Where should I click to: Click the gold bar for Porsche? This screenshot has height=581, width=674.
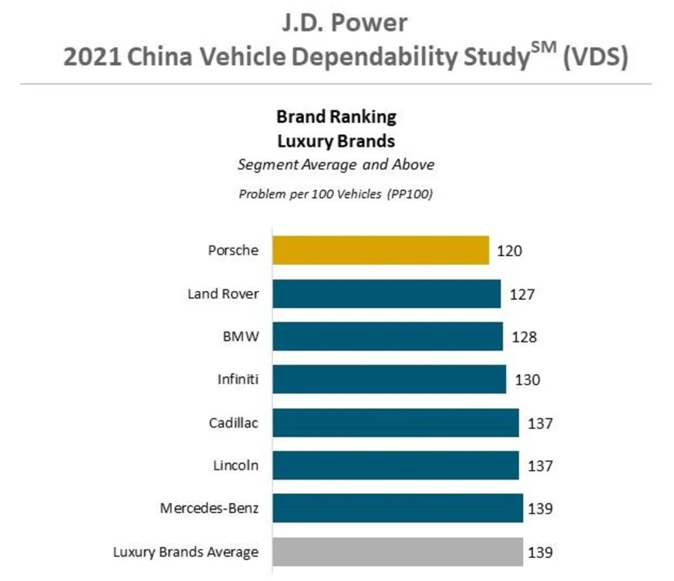[x=380, y=250]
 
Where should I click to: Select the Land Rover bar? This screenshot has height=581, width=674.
[x=386, y=293]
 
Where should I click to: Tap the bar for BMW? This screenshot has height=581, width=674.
[x=387, y=336]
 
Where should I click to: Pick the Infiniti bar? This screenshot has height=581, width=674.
[x=389, y=379]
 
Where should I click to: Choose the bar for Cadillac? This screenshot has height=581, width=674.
[x=395, y=422]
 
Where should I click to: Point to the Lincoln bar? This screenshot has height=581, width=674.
[x=395, y=465]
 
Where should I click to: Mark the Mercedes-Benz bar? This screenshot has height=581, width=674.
[x=398, y=508]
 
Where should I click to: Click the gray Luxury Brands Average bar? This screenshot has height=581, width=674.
[x=398, y=551]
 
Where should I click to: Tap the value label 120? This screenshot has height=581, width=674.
[x=510, y=251]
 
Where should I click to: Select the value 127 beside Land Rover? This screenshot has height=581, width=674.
[x=522, y=294]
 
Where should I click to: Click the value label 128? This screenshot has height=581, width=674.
[x=524, y=337]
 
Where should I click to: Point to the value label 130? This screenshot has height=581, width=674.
[x=527, y=380]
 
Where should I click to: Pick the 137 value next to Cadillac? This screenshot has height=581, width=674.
[x=540, y=423]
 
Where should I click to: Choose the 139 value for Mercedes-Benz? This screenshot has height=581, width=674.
[x=540, y=509]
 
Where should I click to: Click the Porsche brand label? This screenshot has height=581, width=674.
[x=233, y=251]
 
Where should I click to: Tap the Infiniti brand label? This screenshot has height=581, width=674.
[x=238, y=380]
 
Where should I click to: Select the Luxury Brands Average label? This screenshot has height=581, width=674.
[x=186, y=551]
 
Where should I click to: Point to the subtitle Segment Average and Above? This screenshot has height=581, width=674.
[x=336, y=164]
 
